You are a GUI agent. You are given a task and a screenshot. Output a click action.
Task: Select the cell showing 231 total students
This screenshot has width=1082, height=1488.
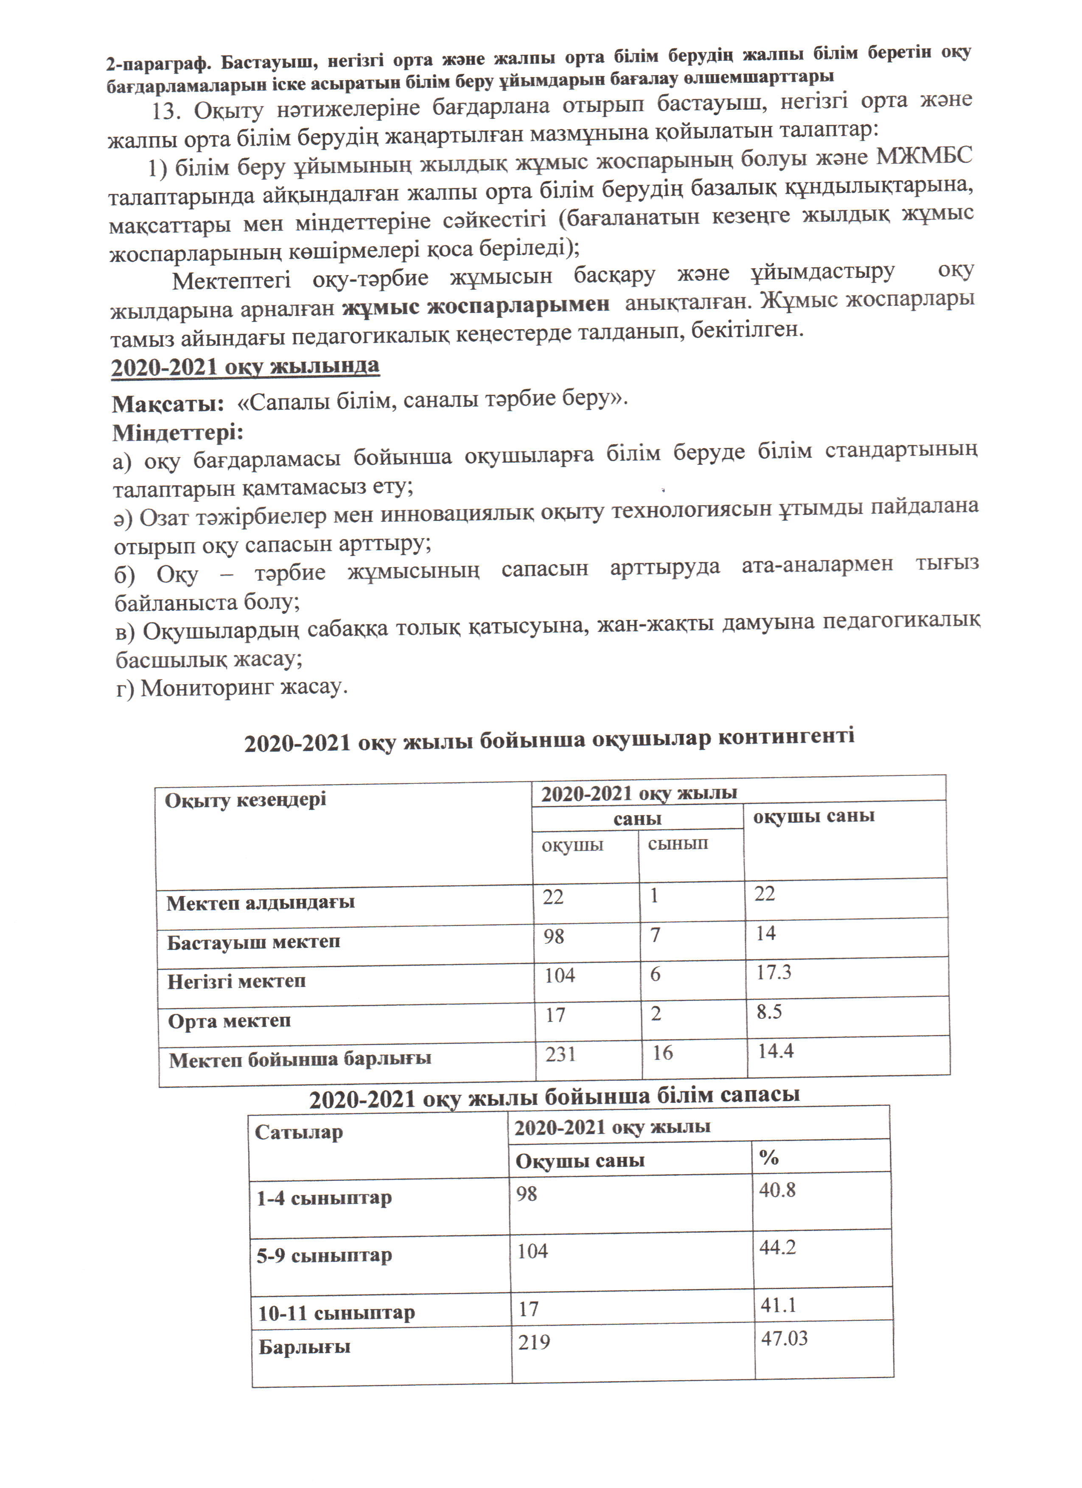561,1054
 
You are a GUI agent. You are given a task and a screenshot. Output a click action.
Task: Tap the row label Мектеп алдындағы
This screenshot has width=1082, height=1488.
261,903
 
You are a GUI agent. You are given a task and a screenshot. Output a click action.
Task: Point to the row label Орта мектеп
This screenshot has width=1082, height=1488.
229,1021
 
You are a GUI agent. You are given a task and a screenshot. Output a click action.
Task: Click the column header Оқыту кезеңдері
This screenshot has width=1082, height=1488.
245,800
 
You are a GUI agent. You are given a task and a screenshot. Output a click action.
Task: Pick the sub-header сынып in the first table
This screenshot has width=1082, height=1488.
678,843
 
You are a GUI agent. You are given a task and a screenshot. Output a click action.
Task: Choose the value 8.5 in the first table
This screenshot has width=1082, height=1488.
769,1011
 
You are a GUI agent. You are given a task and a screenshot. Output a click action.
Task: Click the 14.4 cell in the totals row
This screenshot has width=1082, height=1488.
776,1051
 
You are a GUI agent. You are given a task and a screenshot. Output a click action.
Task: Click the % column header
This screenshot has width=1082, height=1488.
769,1157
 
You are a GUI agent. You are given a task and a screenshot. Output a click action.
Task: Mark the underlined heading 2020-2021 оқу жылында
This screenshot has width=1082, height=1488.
245,366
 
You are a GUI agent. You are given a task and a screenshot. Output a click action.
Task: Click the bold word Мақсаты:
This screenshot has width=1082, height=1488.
168,403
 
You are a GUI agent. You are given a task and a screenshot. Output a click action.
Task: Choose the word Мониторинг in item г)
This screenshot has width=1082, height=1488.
208,688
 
